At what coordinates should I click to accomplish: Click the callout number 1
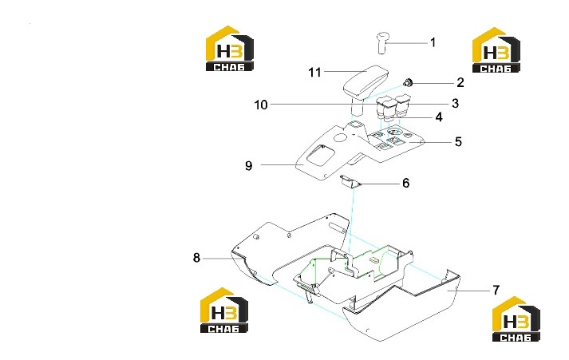(x=433, y=43)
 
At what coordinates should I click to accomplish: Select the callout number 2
(x=460, y=83)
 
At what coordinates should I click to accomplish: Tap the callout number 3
(x=456, y=104)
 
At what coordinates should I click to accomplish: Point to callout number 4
(x=439, y=117)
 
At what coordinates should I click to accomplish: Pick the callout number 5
(x=458, y=141)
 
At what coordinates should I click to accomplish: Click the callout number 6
(x=405, y=183)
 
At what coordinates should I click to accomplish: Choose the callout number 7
(x=496, y=290)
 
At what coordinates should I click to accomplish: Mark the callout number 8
(x=196, y=258)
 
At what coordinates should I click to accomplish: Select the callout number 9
(x=248, y=165)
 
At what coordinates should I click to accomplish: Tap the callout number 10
(x=261, y=105)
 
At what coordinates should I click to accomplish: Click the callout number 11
(x=314, y=72)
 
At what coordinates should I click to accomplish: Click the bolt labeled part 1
(x=382, y=43)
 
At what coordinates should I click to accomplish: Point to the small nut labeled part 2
(x=409, y=83)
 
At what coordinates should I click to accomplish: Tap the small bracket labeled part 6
(x=351, y=181)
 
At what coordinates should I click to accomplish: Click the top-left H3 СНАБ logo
(x=229, y=48)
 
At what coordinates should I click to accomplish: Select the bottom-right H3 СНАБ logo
(x=516, y=319)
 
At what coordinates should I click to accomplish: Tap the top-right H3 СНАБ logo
(x=496, y=50)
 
